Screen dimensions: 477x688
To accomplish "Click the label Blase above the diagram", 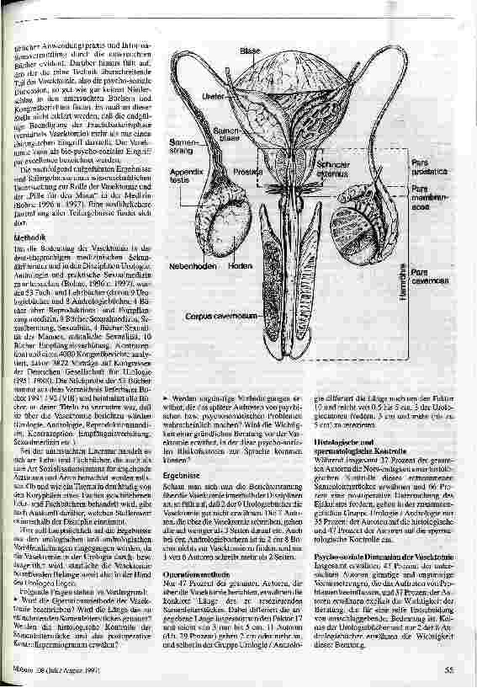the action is (251, 51).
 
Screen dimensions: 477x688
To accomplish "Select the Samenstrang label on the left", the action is (184, 147).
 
